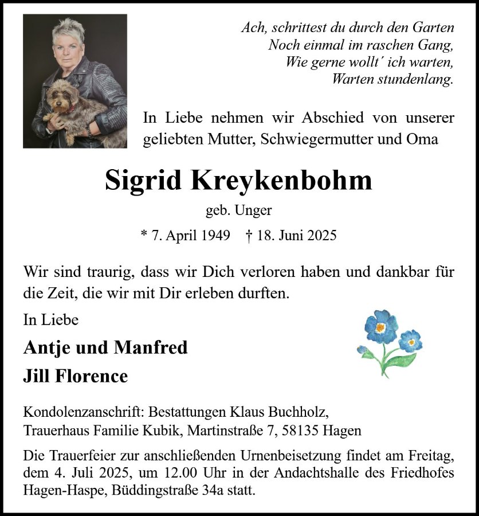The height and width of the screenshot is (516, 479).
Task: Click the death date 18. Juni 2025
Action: tap(297, 235)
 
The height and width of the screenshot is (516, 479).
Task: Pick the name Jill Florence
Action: tap(75, 376)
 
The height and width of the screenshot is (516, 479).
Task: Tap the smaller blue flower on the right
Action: tap(410, 341)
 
